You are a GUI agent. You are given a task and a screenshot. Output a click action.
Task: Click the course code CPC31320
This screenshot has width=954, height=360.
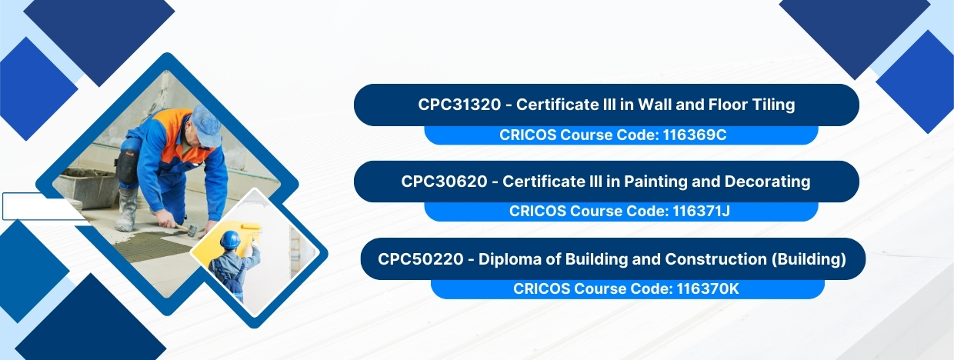coord(459,105)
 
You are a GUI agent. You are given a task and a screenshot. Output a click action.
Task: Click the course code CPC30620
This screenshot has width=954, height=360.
coord(444,182)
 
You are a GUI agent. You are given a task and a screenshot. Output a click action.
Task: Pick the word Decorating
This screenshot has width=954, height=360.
coord(767,182)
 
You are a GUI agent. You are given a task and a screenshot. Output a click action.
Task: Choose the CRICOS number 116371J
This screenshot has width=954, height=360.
coord(701,211)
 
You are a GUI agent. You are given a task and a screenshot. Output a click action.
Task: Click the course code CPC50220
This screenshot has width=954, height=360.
coord(420,259)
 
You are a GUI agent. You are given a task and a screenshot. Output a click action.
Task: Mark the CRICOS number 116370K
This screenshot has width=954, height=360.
coord(707,289)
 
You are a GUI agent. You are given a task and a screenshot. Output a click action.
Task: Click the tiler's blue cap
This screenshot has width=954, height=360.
coord(206,125)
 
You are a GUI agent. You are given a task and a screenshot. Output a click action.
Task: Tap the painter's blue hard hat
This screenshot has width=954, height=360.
coord(229,239)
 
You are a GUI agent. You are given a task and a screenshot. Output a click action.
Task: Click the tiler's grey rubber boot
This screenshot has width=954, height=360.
coord(126,209)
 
